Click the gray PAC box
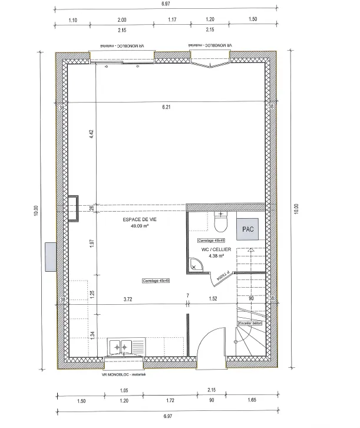248,229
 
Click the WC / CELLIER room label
213,250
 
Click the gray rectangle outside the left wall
49,256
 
